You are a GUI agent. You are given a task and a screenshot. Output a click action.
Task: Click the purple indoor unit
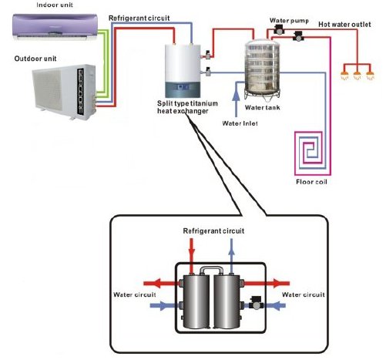point(55,27)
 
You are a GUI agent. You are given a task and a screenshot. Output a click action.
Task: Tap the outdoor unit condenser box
point(65,91)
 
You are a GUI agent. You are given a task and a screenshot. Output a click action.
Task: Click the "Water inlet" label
point(240,123)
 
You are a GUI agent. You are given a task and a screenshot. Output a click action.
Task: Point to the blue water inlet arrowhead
point(236,95)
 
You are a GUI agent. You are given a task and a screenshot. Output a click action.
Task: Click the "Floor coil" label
point(311,182)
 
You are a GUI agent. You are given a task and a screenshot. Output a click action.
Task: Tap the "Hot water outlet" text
point(344,25)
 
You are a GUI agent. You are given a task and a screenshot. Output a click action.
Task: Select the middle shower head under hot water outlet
point(357,76)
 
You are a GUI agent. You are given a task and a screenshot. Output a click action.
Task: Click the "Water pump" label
point(289,20)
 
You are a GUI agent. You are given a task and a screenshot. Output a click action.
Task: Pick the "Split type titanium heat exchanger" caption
point(187,107)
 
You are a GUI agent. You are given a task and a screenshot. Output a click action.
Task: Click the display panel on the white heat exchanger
point(183,87)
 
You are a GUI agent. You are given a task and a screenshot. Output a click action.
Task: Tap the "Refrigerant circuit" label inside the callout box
point(213,230)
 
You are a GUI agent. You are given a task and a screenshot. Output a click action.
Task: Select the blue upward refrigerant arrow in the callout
point(232,256)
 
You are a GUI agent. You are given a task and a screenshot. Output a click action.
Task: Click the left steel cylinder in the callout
point(196,301)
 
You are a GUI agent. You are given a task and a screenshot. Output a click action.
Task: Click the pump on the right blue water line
point(256,303)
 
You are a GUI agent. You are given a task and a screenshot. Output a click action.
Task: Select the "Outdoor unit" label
point(35,59)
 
